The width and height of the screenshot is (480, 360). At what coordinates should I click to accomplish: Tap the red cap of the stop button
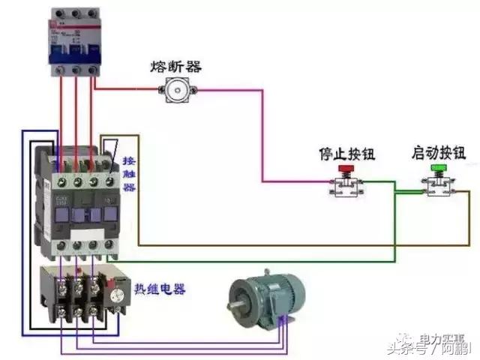tap(346, 169)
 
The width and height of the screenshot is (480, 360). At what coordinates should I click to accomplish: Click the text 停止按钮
tap(346, 154)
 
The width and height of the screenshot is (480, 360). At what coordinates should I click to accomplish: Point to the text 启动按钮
tap(438, 153)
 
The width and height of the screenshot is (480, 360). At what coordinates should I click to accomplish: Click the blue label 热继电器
tap(160, 289)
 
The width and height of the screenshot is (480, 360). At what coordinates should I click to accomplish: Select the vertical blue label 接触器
tap(129, 175)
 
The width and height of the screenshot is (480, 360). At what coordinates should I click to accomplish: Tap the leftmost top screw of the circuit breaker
tap(59, 14)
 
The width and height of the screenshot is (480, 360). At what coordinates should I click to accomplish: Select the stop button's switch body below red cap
tap(346, 187)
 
